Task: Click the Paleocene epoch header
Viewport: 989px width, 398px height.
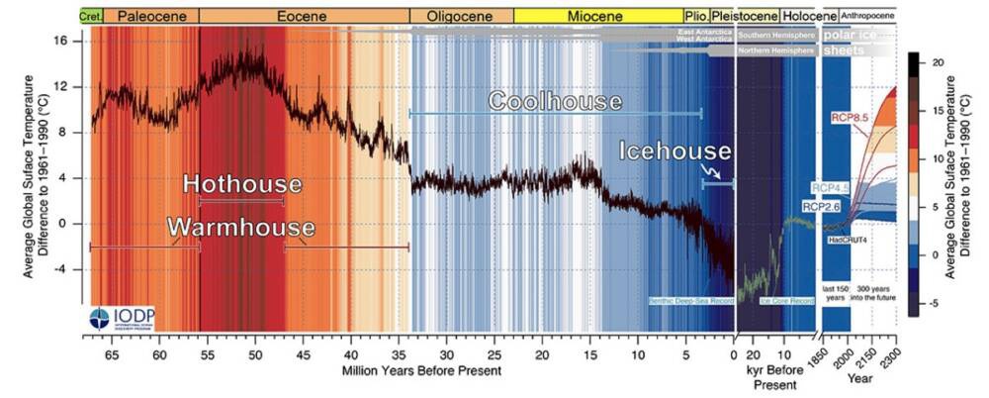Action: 151,16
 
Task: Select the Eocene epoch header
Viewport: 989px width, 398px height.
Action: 304,16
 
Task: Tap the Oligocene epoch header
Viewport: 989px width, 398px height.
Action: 461,16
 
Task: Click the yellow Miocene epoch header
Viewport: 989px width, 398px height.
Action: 597,16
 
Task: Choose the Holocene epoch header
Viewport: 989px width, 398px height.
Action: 808,16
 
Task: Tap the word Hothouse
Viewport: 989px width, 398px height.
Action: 242,184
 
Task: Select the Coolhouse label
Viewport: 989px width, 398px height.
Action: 555,101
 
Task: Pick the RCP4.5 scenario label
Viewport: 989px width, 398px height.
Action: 832,187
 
